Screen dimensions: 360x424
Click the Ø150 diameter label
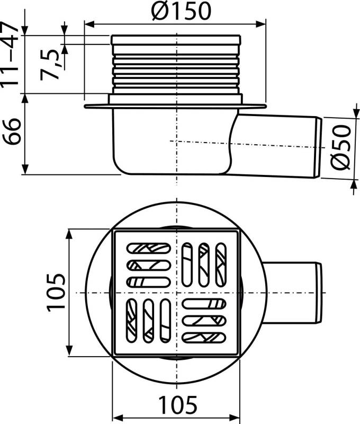[181, 11]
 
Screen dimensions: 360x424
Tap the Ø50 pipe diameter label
[341, 147]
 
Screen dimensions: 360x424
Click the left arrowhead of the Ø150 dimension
[89, 24]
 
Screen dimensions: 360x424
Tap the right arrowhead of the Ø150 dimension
[261, 24]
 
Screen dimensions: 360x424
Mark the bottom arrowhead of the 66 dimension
[25, 170]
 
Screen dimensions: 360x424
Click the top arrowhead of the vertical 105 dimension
[70, 234]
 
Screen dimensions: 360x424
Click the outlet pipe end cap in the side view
[319, 148]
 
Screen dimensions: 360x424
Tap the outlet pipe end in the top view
[319, 293]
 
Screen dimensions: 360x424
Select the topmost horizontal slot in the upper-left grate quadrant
[149, 248]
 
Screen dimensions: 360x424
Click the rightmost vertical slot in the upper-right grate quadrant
[221, 264]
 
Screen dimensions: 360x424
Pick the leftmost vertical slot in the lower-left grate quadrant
[131, 321]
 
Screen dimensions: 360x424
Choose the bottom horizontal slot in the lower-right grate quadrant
[204, 338]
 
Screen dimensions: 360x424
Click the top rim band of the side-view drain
[176, 40]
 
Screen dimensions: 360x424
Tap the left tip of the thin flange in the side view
[85, 107]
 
